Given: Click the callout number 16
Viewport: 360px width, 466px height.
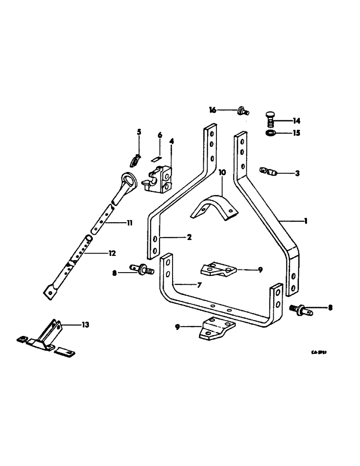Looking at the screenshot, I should tap(213, 110).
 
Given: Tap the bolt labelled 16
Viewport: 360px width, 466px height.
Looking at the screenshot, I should tap(243, 111).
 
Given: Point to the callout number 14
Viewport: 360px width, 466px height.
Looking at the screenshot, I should tap(297, 121).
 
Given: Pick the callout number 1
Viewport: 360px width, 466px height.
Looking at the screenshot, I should tap(305, 221).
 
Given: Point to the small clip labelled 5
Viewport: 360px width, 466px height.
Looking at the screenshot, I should tap(134, 161).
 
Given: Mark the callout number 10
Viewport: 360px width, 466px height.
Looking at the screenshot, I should tap(222, 172).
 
